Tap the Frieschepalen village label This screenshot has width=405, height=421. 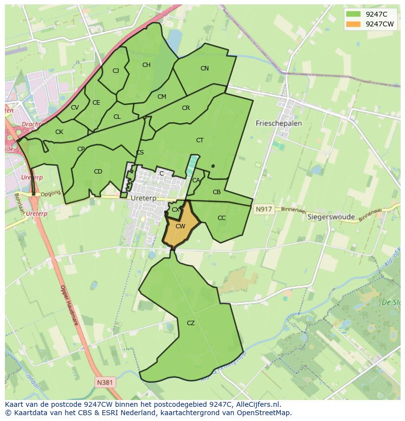(x=279, y=124)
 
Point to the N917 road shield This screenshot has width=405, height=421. (x=263, y=209)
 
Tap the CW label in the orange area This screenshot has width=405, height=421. (x=180, y=226)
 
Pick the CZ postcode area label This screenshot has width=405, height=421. (x=191, y=323)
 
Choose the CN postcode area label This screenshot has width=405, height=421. (x=204, y=68)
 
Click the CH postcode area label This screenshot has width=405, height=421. (x=146, y=65)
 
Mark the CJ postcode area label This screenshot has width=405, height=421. (x=116, y=71)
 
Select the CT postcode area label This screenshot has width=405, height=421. (x=200, y=140)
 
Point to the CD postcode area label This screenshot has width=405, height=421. (x=98, y=172)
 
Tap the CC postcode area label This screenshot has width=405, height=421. (x=222, y=218)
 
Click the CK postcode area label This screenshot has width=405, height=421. (x=59, y=132)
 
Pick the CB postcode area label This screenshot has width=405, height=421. (x=217, y=192)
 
